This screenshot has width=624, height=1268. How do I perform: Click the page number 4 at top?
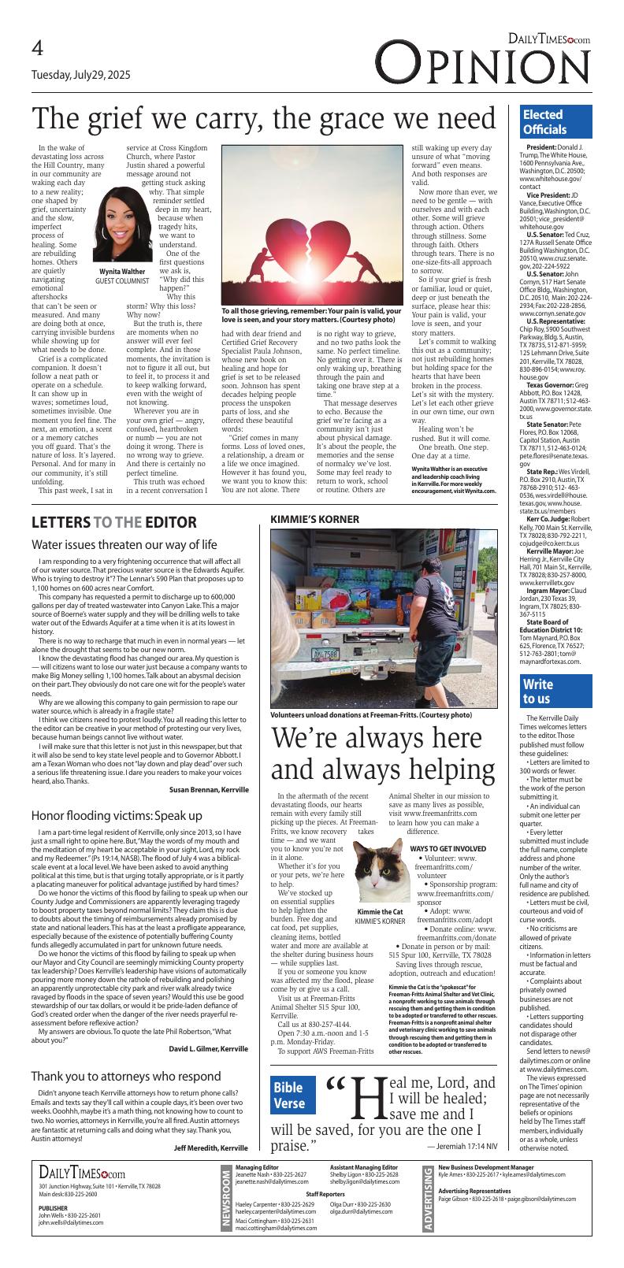pos(38,49)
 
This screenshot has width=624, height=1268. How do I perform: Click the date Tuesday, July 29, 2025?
pos(81,76)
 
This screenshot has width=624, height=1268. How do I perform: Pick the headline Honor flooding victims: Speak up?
pos(117,814)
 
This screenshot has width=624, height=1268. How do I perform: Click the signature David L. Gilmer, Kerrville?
pos(209,1048)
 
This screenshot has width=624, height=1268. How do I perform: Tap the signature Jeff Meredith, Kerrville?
pos(210,1148)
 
